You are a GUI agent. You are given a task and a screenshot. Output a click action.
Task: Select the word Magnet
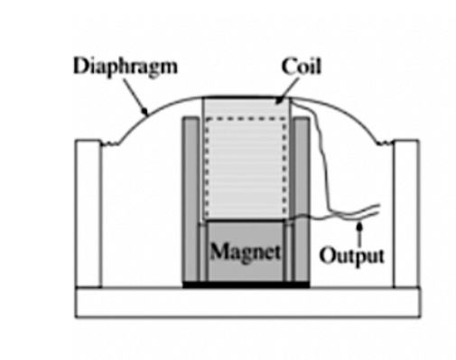pos(244,249)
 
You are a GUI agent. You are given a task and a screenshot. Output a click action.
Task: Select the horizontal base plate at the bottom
pos(247,302)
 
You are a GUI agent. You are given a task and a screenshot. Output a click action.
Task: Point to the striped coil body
pos(245,162)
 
